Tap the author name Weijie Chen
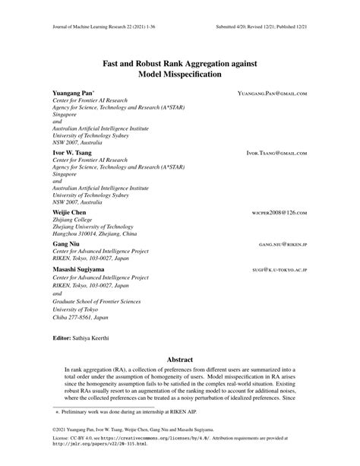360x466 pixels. click(70, 212)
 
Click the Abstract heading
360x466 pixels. click(179, 359)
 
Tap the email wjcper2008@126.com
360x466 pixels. click(279, 213)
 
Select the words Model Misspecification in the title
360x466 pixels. click(179, 74)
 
